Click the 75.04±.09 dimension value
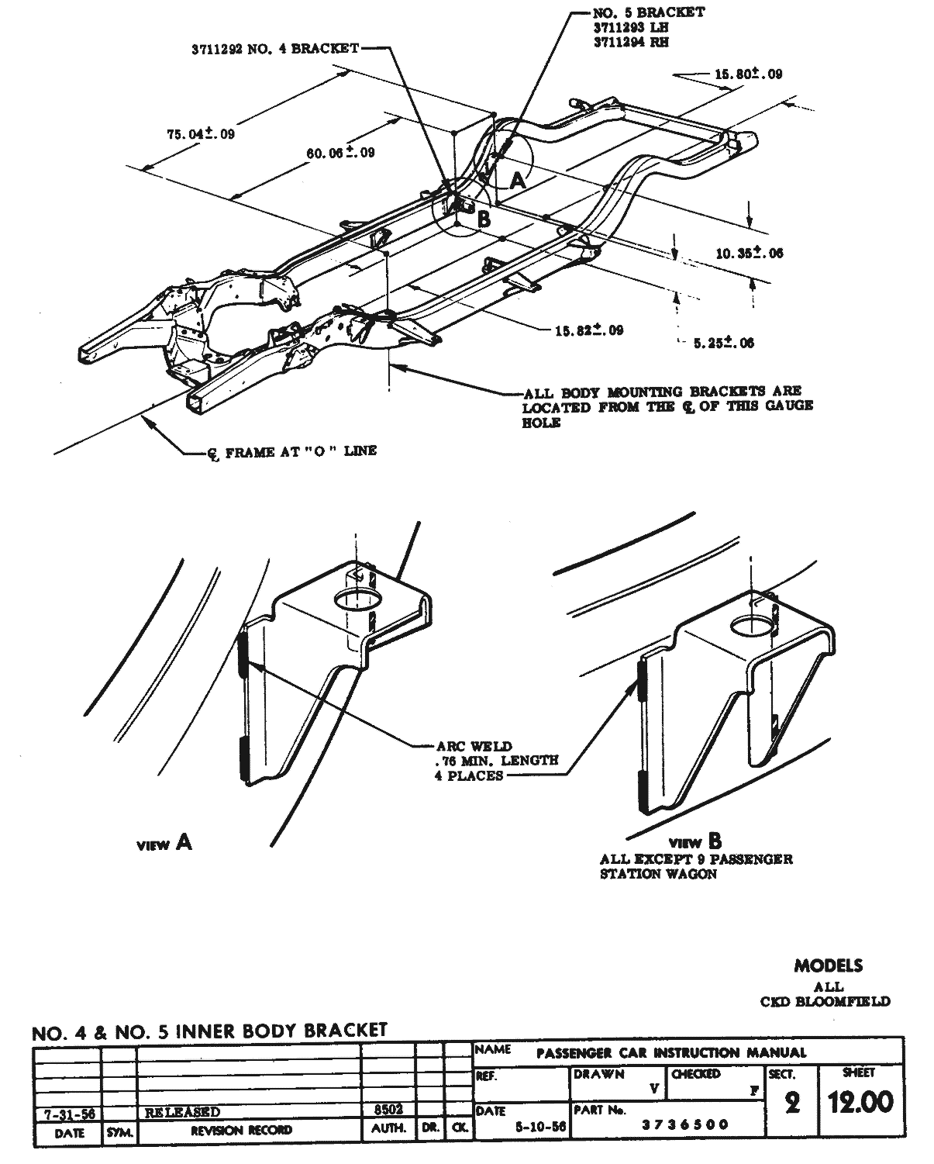tap(200, 133)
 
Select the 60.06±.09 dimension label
tap(340, 153)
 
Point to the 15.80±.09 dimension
tap(747, 74)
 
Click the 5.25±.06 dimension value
tap(723, 343)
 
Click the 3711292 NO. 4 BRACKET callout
tap(275, 48)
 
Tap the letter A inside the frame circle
tap(517, 181)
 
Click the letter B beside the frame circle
tap(484, 219)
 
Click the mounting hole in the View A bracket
tap(359, 599)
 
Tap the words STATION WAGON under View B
tap(658, 874)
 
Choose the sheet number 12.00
tap(860, 1102)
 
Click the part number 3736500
tap(686, 1124)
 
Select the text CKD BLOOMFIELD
tap(825, 1001)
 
